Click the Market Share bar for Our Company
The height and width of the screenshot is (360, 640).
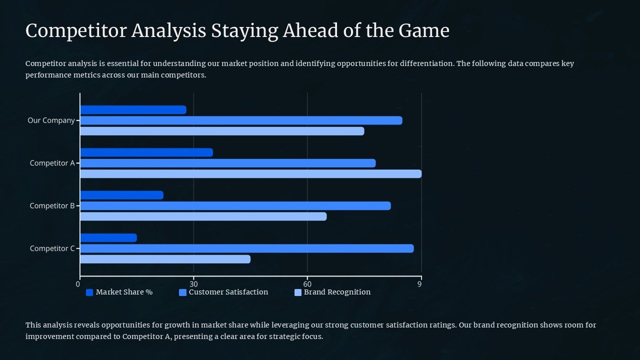click(x=133, y=110)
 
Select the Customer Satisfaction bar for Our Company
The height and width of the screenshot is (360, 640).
click(x=241, y=120)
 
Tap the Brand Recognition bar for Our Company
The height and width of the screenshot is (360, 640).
click(x=222, y=131)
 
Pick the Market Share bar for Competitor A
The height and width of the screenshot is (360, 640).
click(x=146, y=152)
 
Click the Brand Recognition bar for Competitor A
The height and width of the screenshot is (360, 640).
click(x=250, y=174)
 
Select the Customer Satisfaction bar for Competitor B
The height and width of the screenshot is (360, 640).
click(x=235, y=206)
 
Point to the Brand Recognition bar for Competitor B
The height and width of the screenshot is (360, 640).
click(x=203, y=216)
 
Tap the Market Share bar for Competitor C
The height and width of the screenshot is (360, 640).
click(x=108, y=238)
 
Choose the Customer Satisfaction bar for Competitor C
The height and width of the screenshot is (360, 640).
click(x=246, y=248)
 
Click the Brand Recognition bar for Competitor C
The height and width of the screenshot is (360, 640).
click(x=165, y=259)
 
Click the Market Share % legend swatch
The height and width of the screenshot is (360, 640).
click(x=89, y=292)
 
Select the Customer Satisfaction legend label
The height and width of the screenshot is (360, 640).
click(x=228, y=292)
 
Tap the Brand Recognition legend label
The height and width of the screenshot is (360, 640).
click(x=337, y=292)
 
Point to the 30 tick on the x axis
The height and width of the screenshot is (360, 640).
click(x=193, y=284)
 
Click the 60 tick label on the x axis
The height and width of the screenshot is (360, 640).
click(x=307, y=284)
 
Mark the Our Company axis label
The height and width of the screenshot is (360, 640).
click(x=51, y=120)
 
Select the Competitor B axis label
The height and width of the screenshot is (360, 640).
click(x=52, y=206)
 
